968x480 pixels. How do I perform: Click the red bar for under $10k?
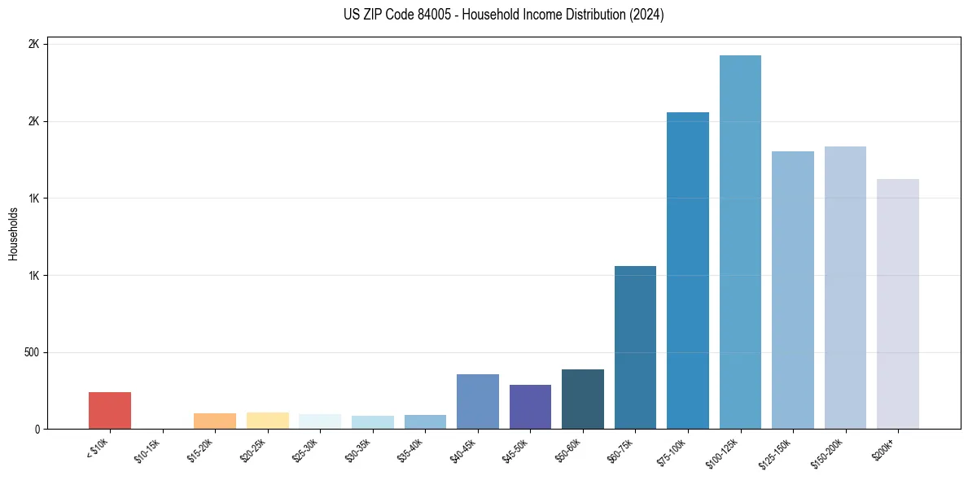tap(109, 410)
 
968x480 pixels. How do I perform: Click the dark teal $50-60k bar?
tap(582, 399)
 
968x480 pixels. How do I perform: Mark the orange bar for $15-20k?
tap(214, 421)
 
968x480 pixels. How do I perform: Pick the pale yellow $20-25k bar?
tap(267, 421)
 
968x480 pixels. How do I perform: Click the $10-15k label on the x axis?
tap(148, 449)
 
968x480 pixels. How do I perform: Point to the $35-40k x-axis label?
tap(411, 449)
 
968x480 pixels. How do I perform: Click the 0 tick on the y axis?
tap(37, 429)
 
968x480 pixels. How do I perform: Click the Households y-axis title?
tap(14, 233)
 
